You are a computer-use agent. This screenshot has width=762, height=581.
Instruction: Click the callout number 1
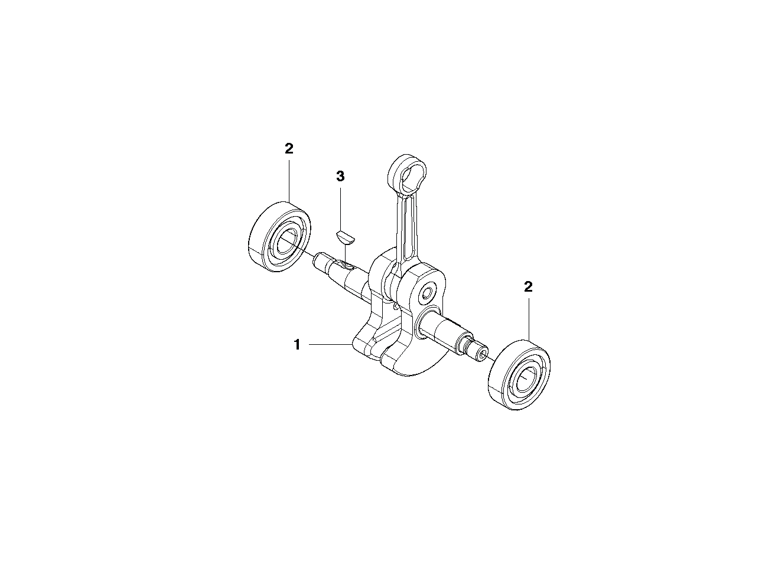(297, 345)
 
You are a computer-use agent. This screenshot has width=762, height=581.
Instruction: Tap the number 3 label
(340, 176)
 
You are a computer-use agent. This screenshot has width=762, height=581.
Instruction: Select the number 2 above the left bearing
(289, 149)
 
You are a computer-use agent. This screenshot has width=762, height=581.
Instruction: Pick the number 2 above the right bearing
(528, 287)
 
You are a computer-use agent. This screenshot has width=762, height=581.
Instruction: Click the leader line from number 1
(330, 344)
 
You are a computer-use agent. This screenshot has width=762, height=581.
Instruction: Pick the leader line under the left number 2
(289, 181)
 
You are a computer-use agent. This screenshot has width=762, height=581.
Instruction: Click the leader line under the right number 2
(529, 320)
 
